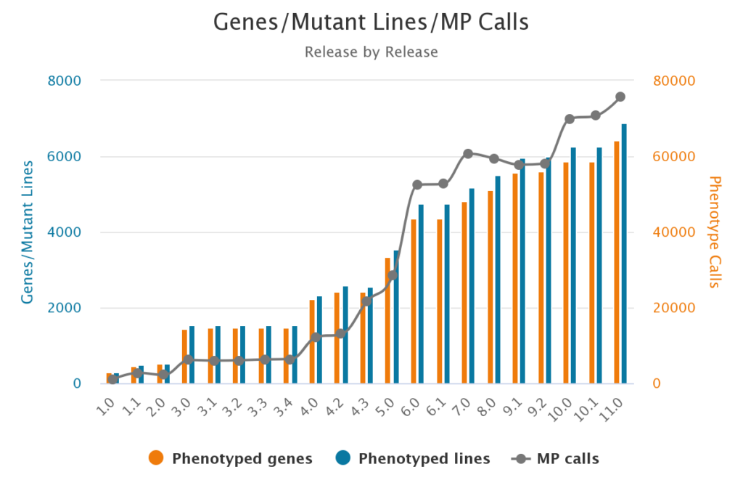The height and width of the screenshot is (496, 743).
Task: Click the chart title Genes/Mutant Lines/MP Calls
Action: [371, 23]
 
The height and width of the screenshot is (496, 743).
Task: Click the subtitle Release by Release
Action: [371, 52]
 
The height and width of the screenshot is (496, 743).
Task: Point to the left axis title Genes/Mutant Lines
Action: [28, 232]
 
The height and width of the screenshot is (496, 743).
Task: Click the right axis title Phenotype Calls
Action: [715, 232]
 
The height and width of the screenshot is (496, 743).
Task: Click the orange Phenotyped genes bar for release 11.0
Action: [617, 262]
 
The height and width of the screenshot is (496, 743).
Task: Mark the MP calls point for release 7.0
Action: [468, 154]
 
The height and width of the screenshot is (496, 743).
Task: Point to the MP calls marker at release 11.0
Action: [620, 97]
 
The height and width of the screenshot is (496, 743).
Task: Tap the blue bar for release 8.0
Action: [497, 280]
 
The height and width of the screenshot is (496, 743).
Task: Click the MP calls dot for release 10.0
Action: [570, 118]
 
